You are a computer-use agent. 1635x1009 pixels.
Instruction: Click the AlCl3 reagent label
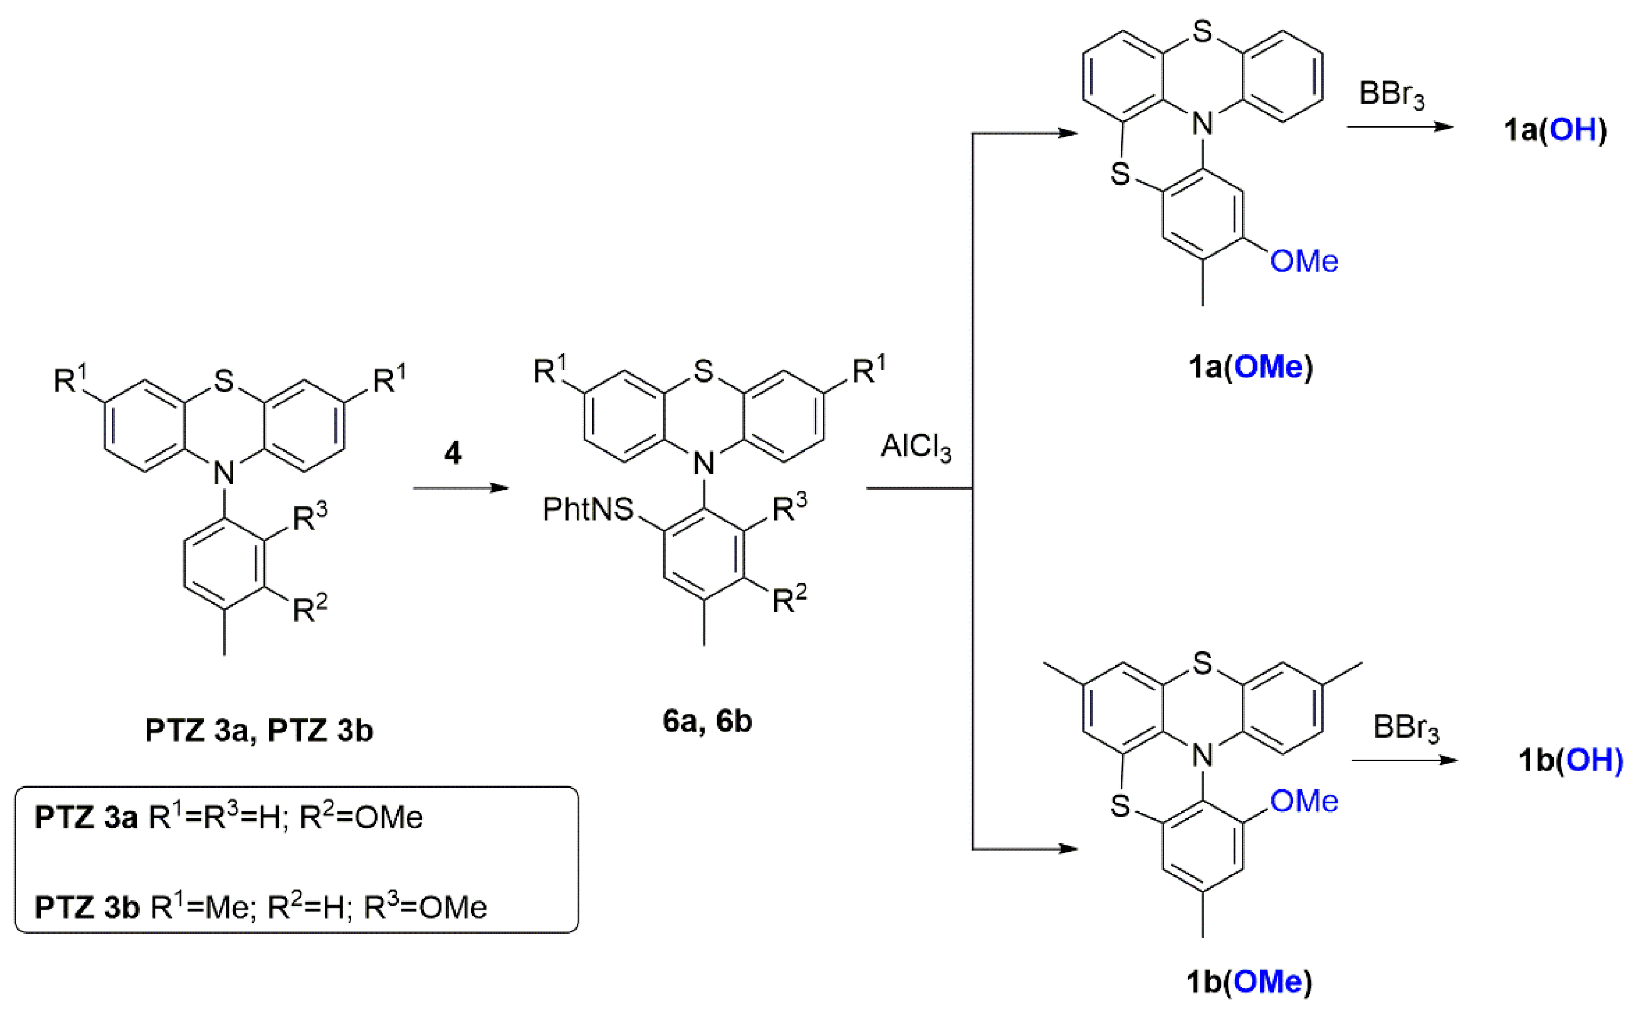pyautogui.click(x=916, y=447)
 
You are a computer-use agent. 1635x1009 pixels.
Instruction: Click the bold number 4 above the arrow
pyautogui.click(x=453, y=453)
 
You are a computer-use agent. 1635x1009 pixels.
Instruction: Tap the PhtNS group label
pyautogui.click(x=588, y=509)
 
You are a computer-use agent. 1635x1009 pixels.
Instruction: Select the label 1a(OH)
pyautogui.click(x=1554, y=130)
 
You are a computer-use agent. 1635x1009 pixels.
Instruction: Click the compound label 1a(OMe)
pyautogui.click(x=1250, y=367)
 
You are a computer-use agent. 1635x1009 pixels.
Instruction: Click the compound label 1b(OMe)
pyautogui.click(x=1248, y=981)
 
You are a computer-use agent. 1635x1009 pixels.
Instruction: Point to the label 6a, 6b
pyautogui.click(x=707, y=721)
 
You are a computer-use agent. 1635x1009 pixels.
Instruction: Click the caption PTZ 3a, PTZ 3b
pyautogui.click(x=258, y=730)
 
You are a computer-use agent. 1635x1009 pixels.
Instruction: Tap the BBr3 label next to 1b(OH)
pyautogui.click(x=1405, y=727)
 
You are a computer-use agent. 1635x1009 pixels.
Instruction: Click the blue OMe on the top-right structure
pyautogui.click(x=1303, y=261)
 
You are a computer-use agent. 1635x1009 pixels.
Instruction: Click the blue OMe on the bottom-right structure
pyautogui.click(x=1303, y=801)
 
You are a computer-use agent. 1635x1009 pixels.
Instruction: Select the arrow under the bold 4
pyautogui.click(x=460, y=488)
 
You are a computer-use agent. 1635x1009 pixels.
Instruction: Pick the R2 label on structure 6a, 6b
pyautogui.click(x=789, y=598)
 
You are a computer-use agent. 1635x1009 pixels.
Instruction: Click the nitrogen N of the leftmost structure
pyautogui.click(x=224, y=473)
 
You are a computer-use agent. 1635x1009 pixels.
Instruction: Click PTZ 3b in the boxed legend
pyautogui.click(x=87, y=908)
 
